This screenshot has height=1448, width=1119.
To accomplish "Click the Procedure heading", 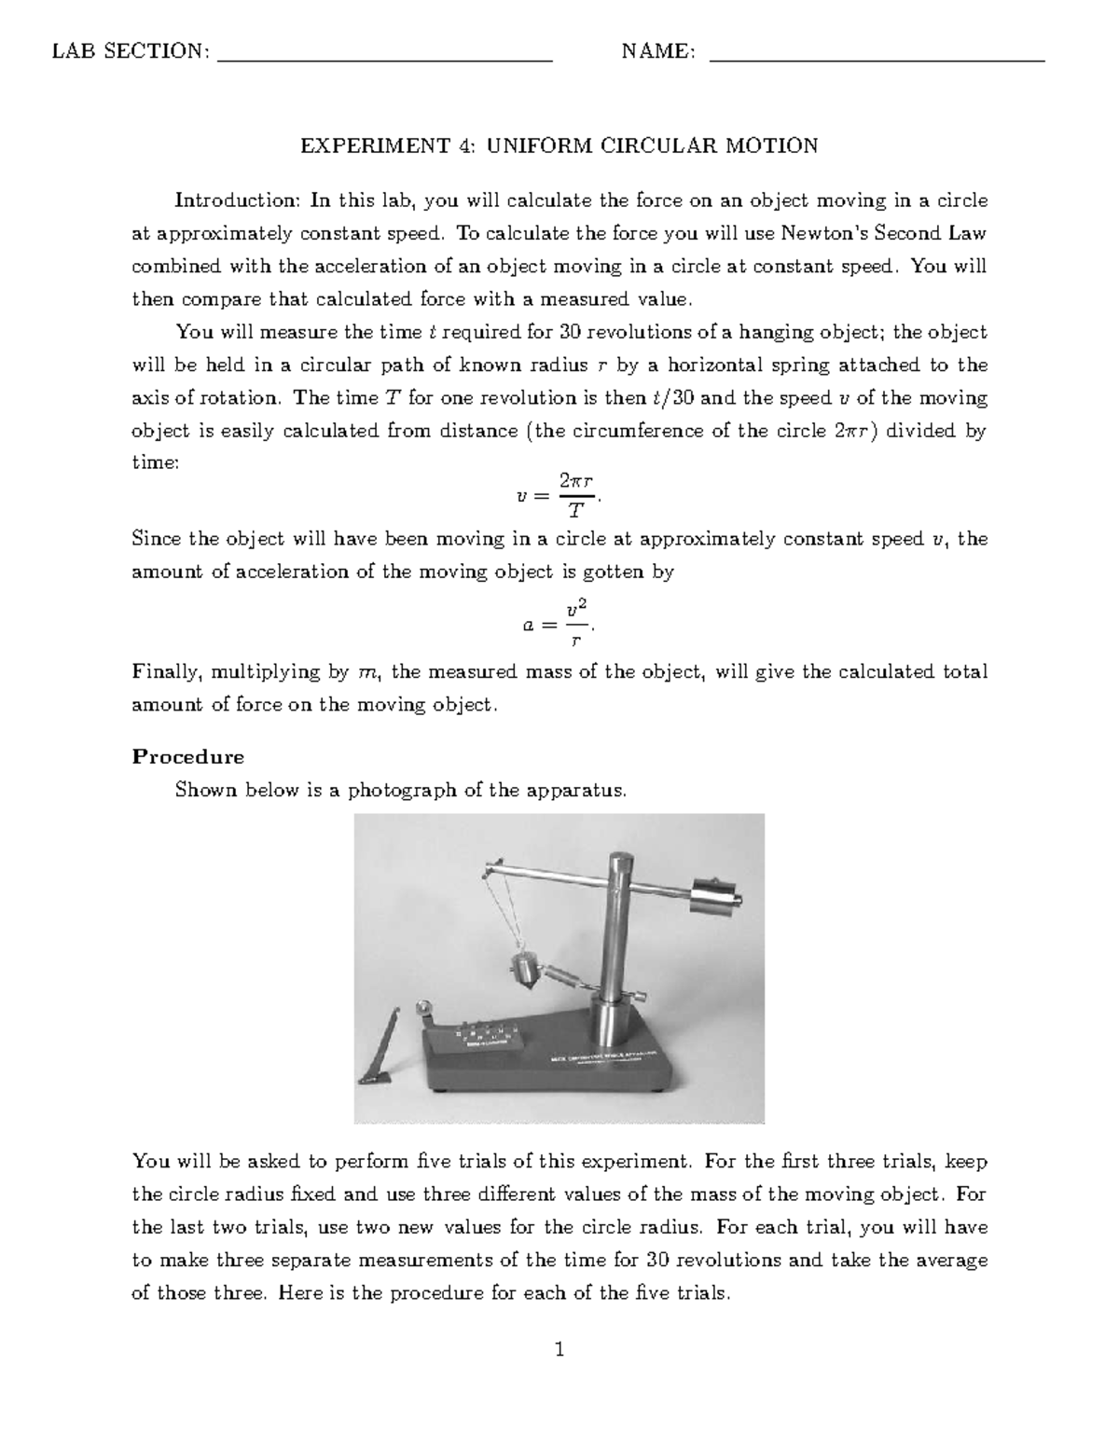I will pos(187,756).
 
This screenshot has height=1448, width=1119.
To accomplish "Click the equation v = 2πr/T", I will pos(559,497).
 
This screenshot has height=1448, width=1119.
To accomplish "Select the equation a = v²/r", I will pos(559,626).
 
